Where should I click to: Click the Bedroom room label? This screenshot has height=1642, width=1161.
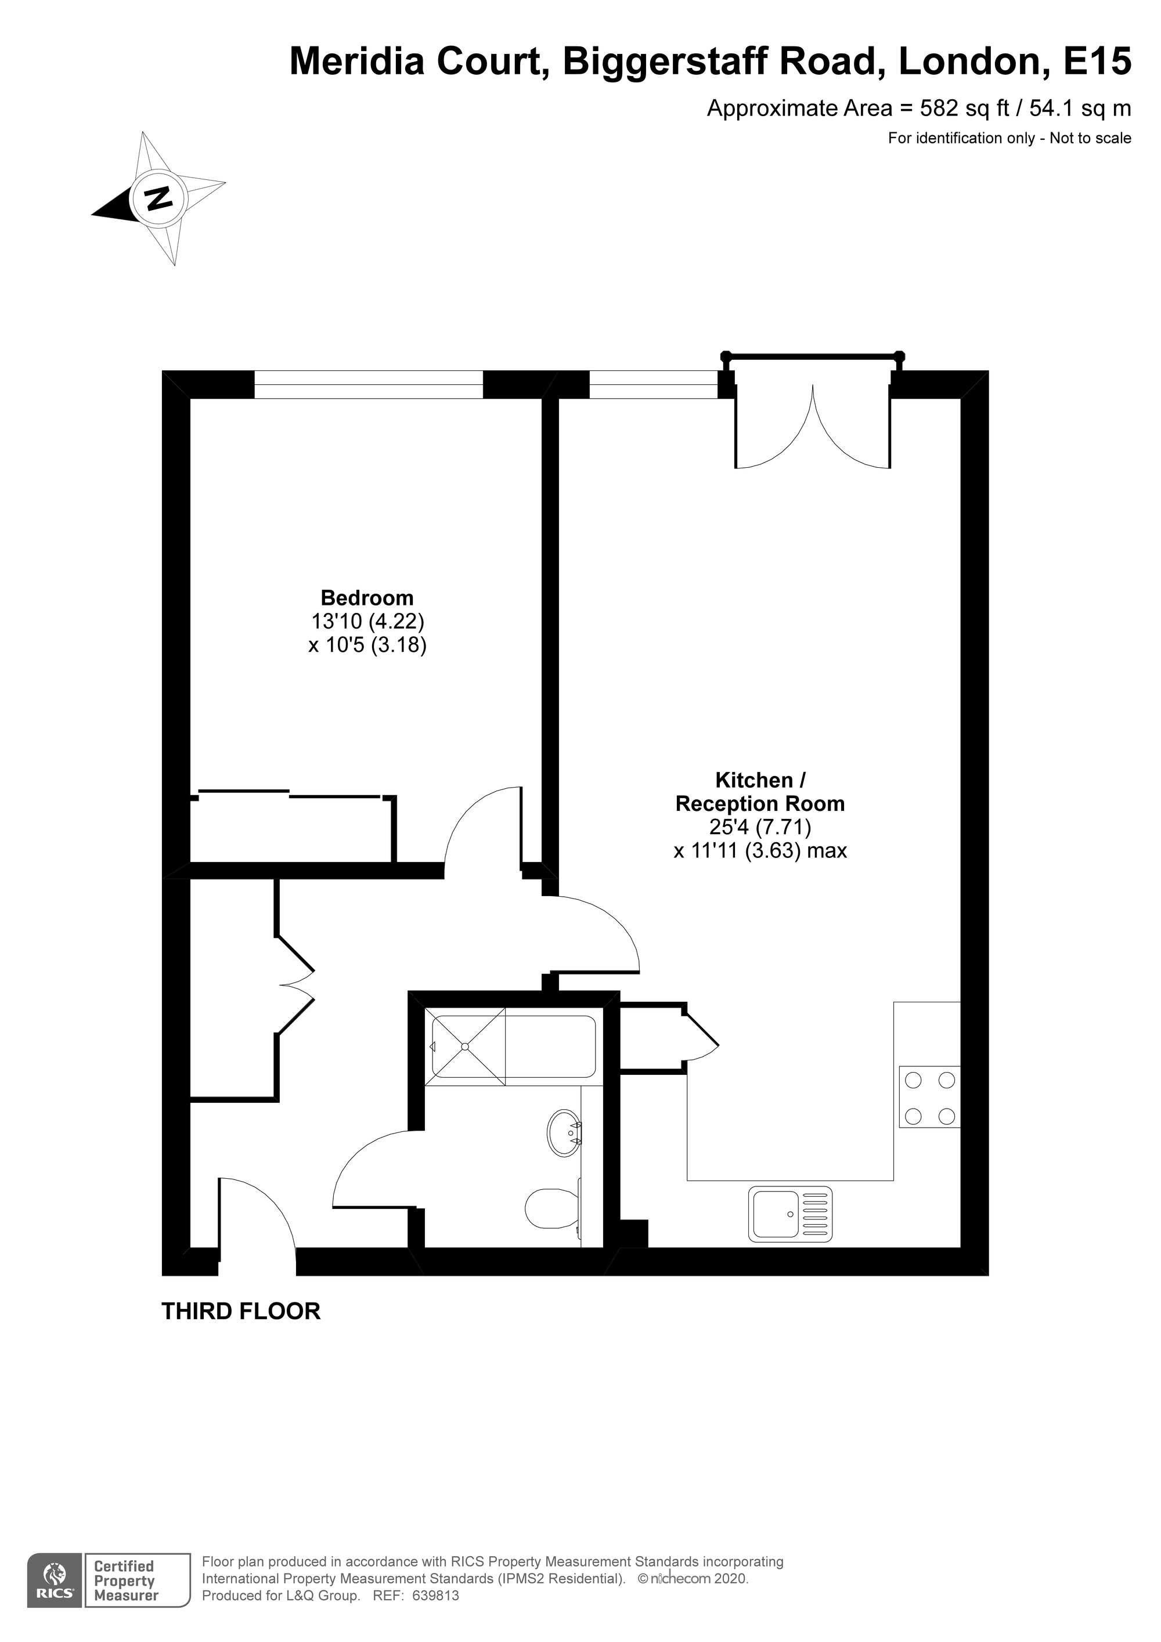pos(367,598)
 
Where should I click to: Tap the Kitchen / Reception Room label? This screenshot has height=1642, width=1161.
pos(760,792)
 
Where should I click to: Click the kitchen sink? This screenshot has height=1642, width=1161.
pos(791,1214)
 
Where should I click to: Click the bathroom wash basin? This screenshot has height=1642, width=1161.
pos(564,1133)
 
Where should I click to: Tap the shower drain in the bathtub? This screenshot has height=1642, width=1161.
pos(465,1047)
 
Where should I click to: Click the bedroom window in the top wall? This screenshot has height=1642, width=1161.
pos(369,384)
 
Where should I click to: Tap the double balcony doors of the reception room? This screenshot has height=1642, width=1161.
pos(813,426)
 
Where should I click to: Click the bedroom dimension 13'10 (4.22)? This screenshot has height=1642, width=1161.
pos(367,622)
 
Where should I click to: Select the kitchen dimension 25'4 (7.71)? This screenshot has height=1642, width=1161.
pos(760,828)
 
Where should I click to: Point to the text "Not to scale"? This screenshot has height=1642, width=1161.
pos(1090,138)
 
